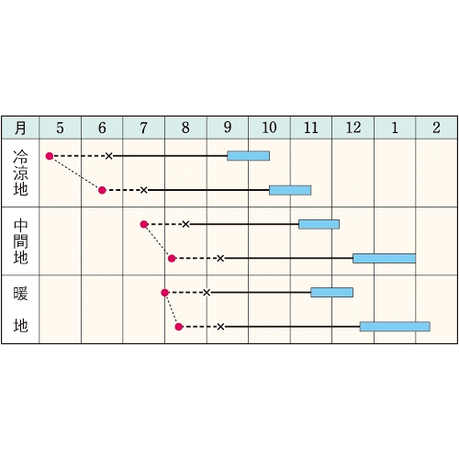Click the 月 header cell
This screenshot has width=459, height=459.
point(20,128)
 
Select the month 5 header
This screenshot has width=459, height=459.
point(61,128)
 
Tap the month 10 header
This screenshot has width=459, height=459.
point(269,128)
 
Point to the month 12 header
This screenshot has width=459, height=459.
point(353,128)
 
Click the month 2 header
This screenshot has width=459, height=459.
point(437,128)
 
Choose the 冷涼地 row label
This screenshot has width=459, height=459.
point(20,173)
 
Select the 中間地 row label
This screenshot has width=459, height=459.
point(20,241)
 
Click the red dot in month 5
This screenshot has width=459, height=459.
point(50,156)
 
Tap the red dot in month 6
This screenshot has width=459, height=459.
point(102,190)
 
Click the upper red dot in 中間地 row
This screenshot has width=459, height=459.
point(144,225)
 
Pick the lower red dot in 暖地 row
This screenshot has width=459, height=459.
point(179,327)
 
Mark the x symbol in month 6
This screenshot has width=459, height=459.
point(109,156)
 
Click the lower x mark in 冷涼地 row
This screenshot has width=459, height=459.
point(144,190)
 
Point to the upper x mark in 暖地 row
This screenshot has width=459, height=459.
point(207,293)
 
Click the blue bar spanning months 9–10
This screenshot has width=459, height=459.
point(249,156)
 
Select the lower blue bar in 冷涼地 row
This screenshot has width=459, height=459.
point(290,190)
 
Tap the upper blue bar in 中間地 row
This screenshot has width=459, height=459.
point(319,224)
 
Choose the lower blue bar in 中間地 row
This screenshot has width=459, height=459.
point(384,258)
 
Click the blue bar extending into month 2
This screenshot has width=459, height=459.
point(395,327)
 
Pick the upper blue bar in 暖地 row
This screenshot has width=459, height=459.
point(332,292)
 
